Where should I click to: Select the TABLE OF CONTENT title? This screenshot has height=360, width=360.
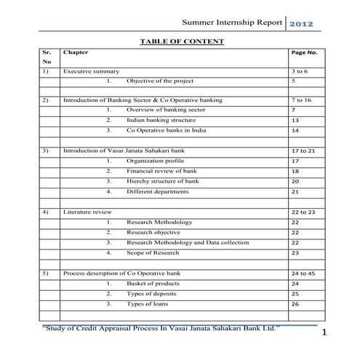[182, 41]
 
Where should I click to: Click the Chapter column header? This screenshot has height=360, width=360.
[76, 53]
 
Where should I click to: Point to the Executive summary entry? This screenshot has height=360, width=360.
[91, 72]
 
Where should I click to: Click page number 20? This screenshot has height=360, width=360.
[295, 181]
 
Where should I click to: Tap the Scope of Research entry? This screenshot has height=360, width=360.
[158, 252]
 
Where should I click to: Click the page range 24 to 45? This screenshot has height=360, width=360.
[303, 273]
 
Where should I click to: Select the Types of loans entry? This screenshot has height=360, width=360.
[151, 303]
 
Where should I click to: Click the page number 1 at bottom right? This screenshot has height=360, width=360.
[324, 333]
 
